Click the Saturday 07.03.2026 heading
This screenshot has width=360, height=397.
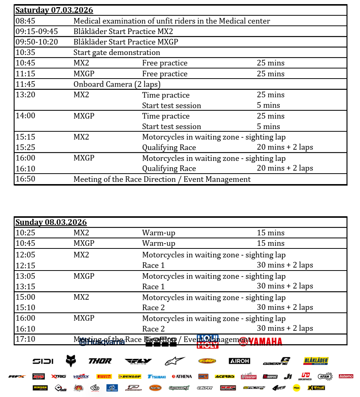point(54,10)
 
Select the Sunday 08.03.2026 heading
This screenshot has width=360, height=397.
point(51,222)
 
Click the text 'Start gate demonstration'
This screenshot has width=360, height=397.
point(117,52)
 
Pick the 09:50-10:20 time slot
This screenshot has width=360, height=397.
point(37,42)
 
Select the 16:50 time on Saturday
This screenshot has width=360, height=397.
point(25,179)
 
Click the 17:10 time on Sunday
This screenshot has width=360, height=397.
point(25,339)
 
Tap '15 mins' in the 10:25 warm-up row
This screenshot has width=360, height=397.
point(270,233)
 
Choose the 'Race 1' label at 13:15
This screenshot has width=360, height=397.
point(153,287)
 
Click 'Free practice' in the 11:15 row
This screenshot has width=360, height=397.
point(164,74)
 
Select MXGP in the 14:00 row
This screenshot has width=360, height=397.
point(84,116)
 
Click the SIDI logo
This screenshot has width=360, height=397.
point(43,361)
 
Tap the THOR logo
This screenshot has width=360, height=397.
point(100,361)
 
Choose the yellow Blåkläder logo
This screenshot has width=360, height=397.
point(316,361)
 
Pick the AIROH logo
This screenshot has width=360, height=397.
point(239,361)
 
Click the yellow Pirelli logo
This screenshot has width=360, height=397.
point(104,376)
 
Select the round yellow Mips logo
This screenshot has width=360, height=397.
point(296,388)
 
